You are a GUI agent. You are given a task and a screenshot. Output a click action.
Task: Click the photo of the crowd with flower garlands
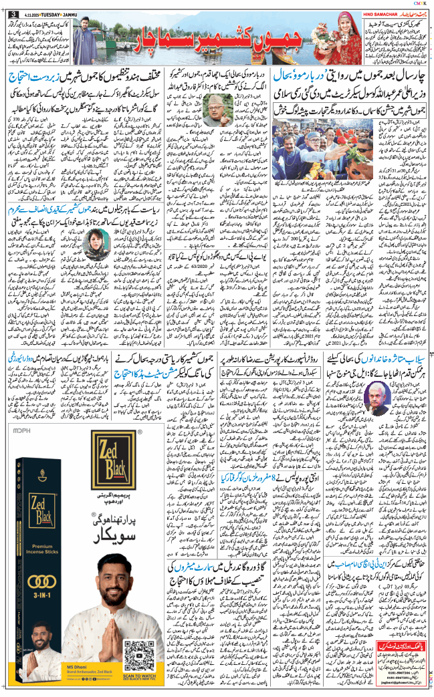pos(314,154)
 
